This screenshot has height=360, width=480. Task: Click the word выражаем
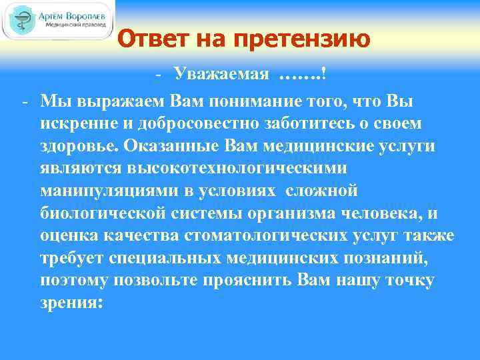(x=115, y=99)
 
